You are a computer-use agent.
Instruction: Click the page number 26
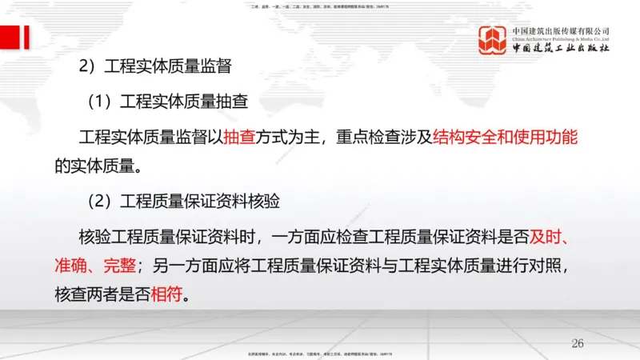coord(578,342)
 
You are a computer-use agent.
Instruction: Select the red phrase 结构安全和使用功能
coord(505,137)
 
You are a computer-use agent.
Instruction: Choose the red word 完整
coord(120,265)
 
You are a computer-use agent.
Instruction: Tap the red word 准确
coord(70,265)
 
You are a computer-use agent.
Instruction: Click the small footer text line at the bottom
coord(320,352)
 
